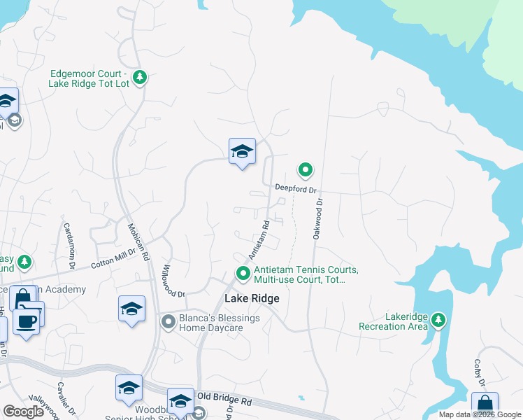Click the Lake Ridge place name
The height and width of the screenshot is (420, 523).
point(252,298)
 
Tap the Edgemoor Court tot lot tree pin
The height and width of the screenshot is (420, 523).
point(140,76)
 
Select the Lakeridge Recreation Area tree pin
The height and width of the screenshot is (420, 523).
point(438,321)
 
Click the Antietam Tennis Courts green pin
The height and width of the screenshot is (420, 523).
point(243,274)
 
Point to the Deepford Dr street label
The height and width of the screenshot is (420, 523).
point(296,188)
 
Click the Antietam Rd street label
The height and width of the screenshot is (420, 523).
point(259,239)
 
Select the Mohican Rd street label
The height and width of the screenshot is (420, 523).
point(138,242)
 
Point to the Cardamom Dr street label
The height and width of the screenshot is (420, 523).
point(69,246)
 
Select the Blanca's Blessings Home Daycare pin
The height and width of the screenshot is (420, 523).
point(168,322)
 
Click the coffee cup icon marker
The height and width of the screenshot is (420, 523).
point(27,321)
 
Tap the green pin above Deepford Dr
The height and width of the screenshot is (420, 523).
point(306,169)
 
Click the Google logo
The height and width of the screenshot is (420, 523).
point(24,412)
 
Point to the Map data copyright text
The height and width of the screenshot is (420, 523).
point(480,414)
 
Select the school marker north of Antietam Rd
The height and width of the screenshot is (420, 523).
point(242,151)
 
